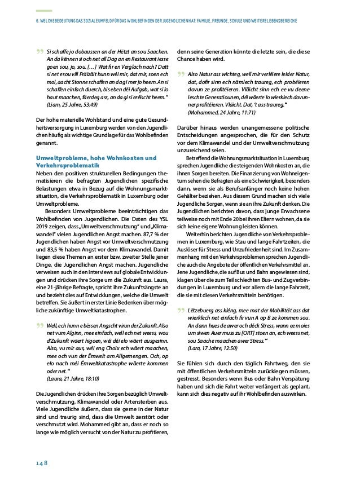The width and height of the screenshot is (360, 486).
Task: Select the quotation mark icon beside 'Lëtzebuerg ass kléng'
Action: click(181, 295)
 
